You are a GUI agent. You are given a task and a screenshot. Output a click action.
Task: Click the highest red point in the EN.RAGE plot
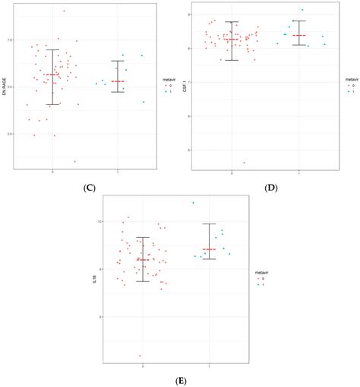(64, 11)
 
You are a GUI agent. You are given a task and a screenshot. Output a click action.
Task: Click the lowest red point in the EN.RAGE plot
(74, 161)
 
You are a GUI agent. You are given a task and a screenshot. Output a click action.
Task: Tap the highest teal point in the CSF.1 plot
(302, 10)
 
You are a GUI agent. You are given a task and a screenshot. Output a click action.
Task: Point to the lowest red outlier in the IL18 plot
(140, 355)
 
